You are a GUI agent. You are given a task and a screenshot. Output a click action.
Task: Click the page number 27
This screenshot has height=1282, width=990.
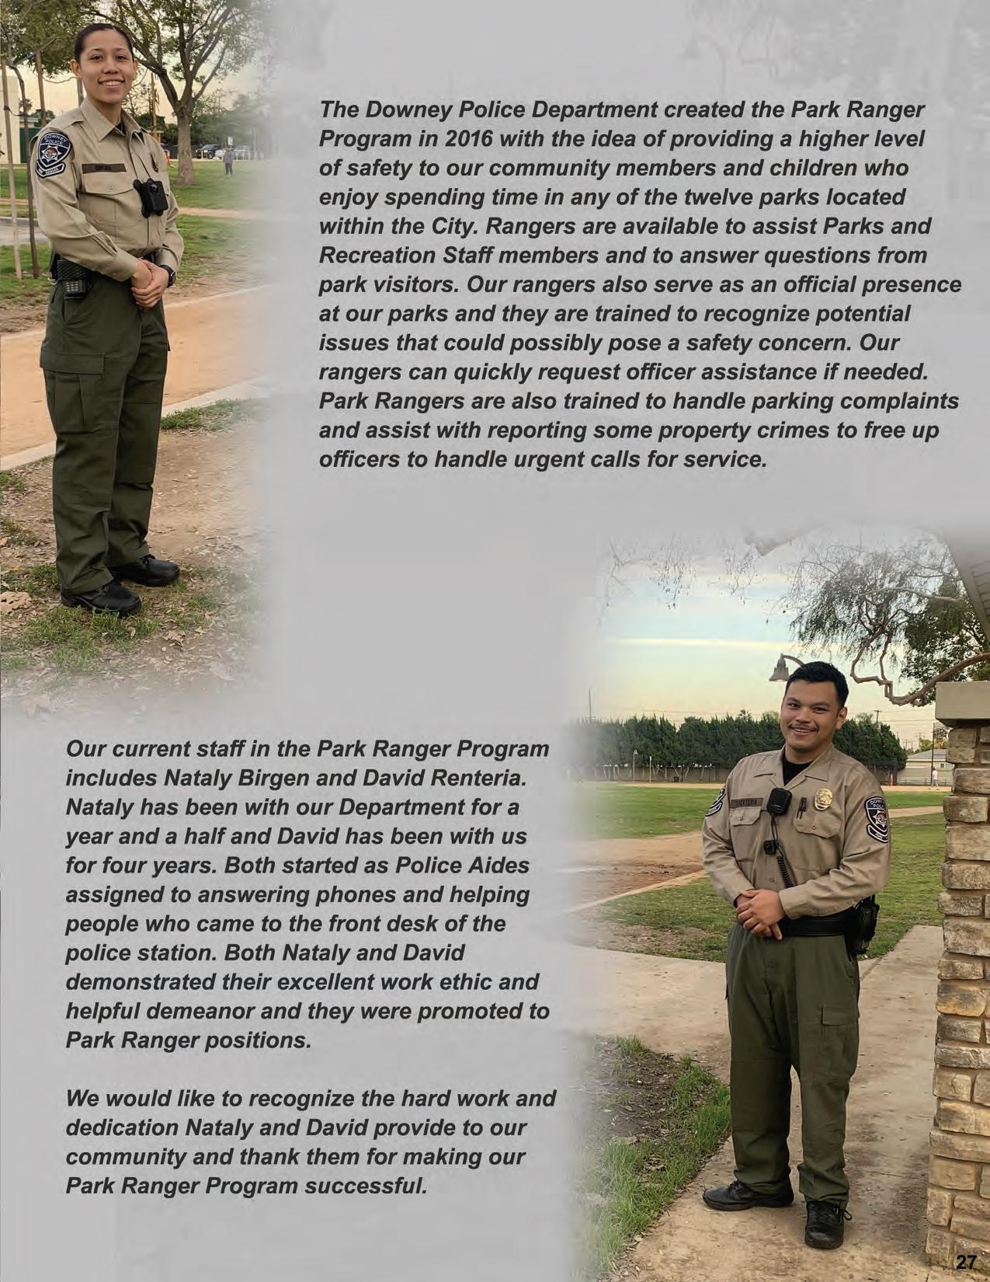click(x=965, y=1261)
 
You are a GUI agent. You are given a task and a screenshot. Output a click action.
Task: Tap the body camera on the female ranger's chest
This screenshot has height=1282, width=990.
click(x=151, y=197)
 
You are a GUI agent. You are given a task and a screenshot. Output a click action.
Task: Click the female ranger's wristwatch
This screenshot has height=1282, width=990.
click(x=169, y=275)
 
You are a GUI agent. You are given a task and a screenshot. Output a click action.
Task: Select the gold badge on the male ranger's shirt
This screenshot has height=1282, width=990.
click(x=822, y=799)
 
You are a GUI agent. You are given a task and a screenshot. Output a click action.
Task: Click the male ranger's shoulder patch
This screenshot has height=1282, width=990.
click(x=877, y=819)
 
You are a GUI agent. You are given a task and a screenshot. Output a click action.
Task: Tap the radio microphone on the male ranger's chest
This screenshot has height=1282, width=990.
click(x=779, y=803)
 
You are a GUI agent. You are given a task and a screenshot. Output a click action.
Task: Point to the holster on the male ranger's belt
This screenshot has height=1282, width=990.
click(x=863, y=925)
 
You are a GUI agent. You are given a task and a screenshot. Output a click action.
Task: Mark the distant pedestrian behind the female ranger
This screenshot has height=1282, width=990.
click(x=228, y=161)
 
